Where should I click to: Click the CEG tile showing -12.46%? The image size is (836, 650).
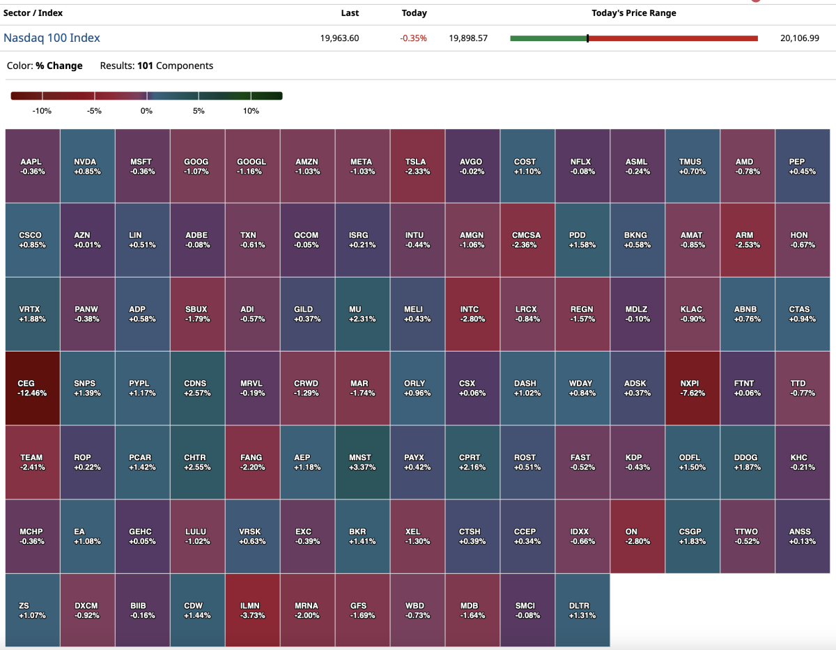[x=32, y=388]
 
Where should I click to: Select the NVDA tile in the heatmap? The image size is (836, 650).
[x=87, y=166]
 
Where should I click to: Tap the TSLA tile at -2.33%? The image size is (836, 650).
[x=417, y=166]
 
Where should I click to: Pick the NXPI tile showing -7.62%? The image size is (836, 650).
[x=692, y=388]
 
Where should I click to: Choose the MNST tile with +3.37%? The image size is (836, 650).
[x=362, y=462]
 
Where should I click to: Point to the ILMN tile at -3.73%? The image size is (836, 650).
[x=252, y=610]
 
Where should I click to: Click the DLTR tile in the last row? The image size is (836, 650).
[x=582, y=610]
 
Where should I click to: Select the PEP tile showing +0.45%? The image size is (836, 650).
[x=802, y=166]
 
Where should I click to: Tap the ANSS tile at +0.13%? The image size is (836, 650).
[x=802, y=536]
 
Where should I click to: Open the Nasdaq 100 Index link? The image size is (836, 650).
[x=52, y=38]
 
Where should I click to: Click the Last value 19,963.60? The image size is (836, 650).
[x=339, y=38]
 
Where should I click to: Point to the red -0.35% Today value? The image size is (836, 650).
[x=414, y=38]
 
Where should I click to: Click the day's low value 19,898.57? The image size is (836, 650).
[x=468, y=38]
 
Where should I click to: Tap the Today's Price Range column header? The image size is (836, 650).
[x=633, y=13]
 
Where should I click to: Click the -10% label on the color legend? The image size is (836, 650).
[x=42, y=111]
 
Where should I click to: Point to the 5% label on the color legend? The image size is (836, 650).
[x=199, y=111]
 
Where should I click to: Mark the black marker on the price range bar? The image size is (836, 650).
[x=587, y=38]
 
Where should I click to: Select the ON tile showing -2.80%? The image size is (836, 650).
[x=637, y=536]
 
